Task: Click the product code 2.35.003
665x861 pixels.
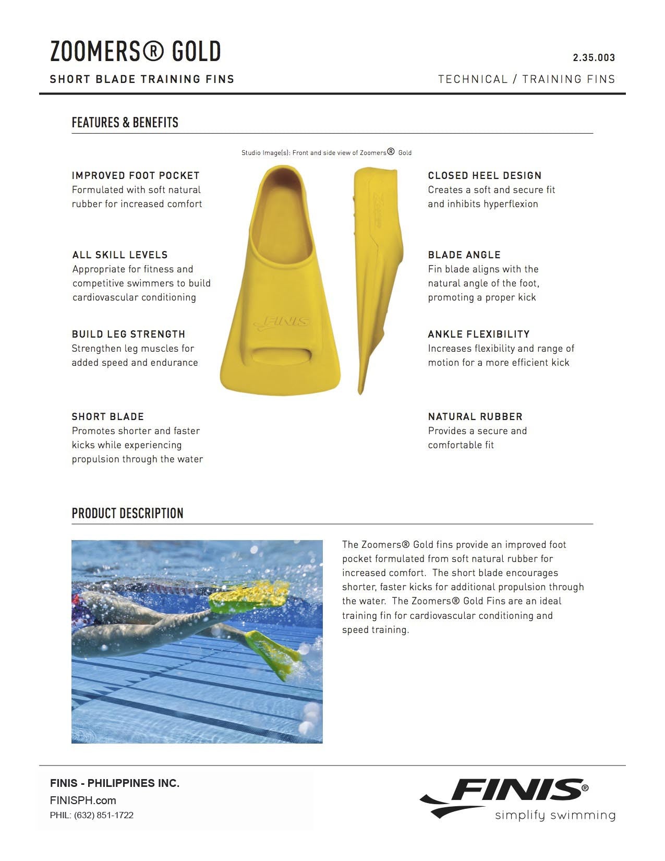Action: pos(594,58)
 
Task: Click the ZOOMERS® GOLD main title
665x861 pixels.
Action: pos(136,52)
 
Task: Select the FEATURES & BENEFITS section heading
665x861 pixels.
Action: pos(125,123)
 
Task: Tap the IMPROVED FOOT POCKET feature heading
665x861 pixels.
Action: pos(136,176)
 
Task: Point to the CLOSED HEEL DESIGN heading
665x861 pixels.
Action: pos(485,176)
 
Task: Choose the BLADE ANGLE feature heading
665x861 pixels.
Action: pos(464,255)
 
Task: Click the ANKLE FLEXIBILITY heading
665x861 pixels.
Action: pos(479,334)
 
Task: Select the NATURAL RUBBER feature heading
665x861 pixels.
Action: pos(475,417)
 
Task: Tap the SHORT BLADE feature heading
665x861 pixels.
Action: pos(108,417)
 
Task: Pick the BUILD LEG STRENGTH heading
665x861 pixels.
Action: pos(128,334)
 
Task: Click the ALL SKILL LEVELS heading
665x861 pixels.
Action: pos(120,255)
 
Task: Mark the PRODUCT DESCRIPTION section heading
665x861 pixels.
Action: pos(128,513)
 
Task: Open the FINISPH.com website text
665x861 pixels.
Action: pos(83,800)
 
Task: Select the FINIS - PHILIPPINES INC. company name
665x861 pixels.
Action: pos(115,783)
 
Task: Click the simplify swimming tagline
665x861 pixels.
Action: pos(555,815)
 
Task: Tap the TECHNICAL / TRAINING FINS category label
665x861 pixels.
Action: pos(527,79)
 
